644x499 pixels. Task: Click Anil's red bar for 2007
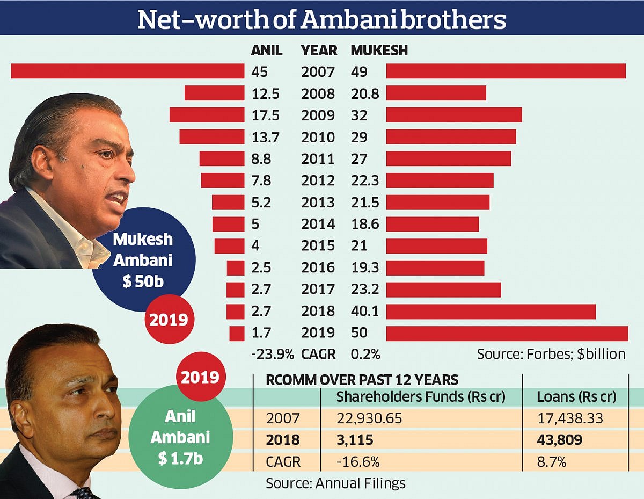point(128,71)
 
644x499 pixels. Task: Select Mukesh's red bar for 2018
point(491,312)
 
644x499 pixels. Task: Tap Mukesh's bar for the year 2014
point(432,224)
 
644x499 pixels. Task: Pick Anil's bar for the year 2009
point(207,115)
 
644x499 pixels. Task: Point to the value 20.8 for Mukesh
point(365,93)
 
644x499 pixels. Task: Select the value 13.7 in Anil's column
point(265,137)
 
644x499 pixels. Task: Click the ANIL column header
point(267,50)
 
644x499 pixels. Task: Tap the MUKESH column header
point(379,50)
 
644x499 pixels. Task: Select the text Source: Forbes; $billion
point(551,354)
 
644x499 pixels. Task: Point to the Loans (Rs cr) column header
point(576,397)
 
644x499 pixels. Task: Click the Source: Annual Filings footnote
point(335,483)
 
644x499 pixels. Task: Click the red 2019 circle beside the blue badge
point(169,320)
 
